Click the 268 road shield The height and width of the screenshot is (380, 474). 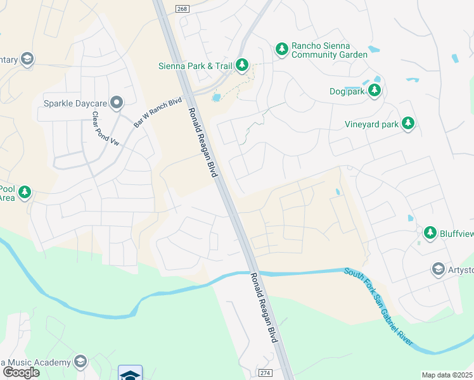click(183, 6)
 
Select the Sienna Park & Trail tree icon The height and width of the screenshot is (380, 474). click(241, 64)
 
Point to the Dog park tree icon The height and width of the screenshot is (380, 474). click(375, 91)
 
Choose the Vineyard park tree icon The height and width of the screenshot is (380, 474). click(409, 123)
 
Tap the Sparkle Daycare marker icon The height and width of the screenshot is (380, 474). click(117, 102)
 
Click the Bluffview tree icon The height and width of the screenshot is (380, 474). click(430, 233)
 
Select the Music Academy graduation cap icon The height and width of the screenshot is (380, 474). click(80, 362)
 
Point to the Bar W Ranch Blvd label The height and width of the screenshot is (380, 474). click(158, 113)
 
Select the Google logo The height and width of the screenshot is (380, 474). click(21, 372)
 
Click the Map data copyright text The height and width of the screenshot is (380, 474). click(447, 375)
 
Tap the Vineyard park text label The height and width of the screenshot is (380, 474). click(372, 124)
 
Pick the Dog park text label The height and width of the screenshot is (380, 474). click(347, 91)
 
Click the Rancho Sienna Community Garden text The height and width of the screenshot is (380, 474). click(329, 51)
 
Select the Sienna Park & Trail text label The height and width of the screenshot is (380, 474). click(195, 65)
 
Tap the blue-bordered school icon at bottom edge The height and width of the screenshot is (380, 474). click(130, 374)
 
